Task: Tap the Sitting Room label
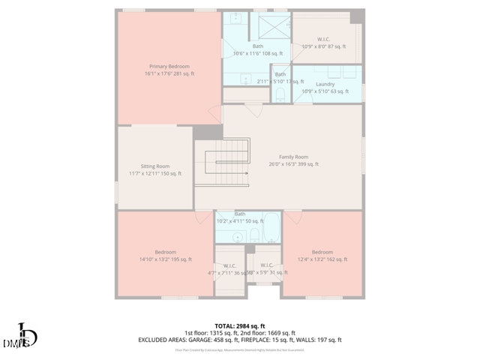[x=155, y=166]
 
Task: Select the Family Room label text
[x=293, y=156]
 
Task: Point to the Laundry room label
[x=325, y=84]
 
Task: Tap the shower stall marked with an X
[x=274, y=28]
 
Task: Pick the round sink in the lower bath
[x=238, y=237]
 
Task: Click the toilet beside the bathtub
[x=254, y=237]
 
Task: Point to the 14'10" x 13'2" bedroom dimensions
[x=165, y=259]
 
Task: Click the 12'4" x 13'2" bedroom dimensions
[x=322, y=259]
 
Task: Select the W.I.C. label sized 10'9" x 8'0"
[x=323, y=46]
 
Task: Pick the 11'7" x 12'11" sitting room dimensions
[x=155, y=173]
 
